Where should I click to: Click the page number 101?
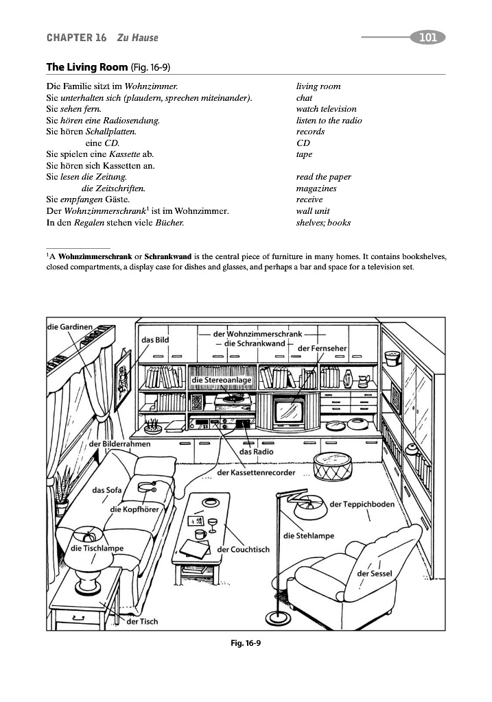click(427, 37)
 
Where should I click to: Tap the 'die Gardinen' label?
click(69, 327)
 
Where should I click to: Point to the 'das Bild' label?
click(154, 339)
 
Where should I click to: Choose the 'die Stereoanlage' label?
click(221, 380)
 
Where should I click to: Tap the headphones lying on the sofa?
click(148, 488)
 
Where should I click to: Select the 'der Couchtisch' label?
click(243, 549)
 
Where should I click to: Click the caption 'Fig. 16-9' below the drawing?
click(246, 642)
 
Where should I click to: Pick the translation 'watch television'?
click(326, 109)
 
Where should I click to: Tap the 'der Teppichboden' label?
click(362, 505)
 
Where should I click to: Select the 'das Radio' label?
click(256, 452)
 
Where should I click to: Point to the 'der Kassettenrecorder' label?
click(256, 473)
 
